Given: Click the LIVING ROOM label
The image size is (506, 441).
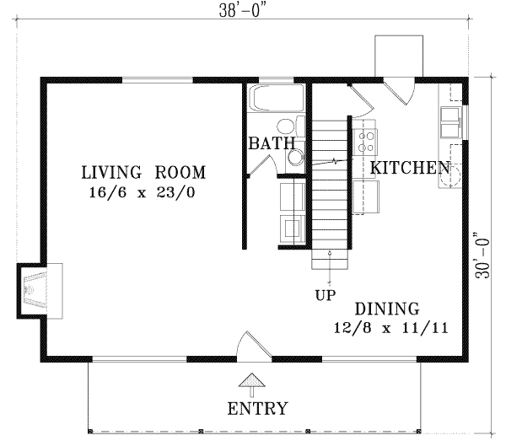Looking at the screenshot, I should pos(143,173).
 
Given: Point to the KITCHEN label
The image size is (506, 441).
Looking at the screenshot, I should pos(409,167).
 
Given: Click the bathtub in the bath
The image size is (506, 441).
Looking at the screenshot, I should pos(277,99).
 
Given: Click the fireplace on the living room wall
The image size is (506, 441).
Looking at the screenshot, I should pos(40,290).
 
